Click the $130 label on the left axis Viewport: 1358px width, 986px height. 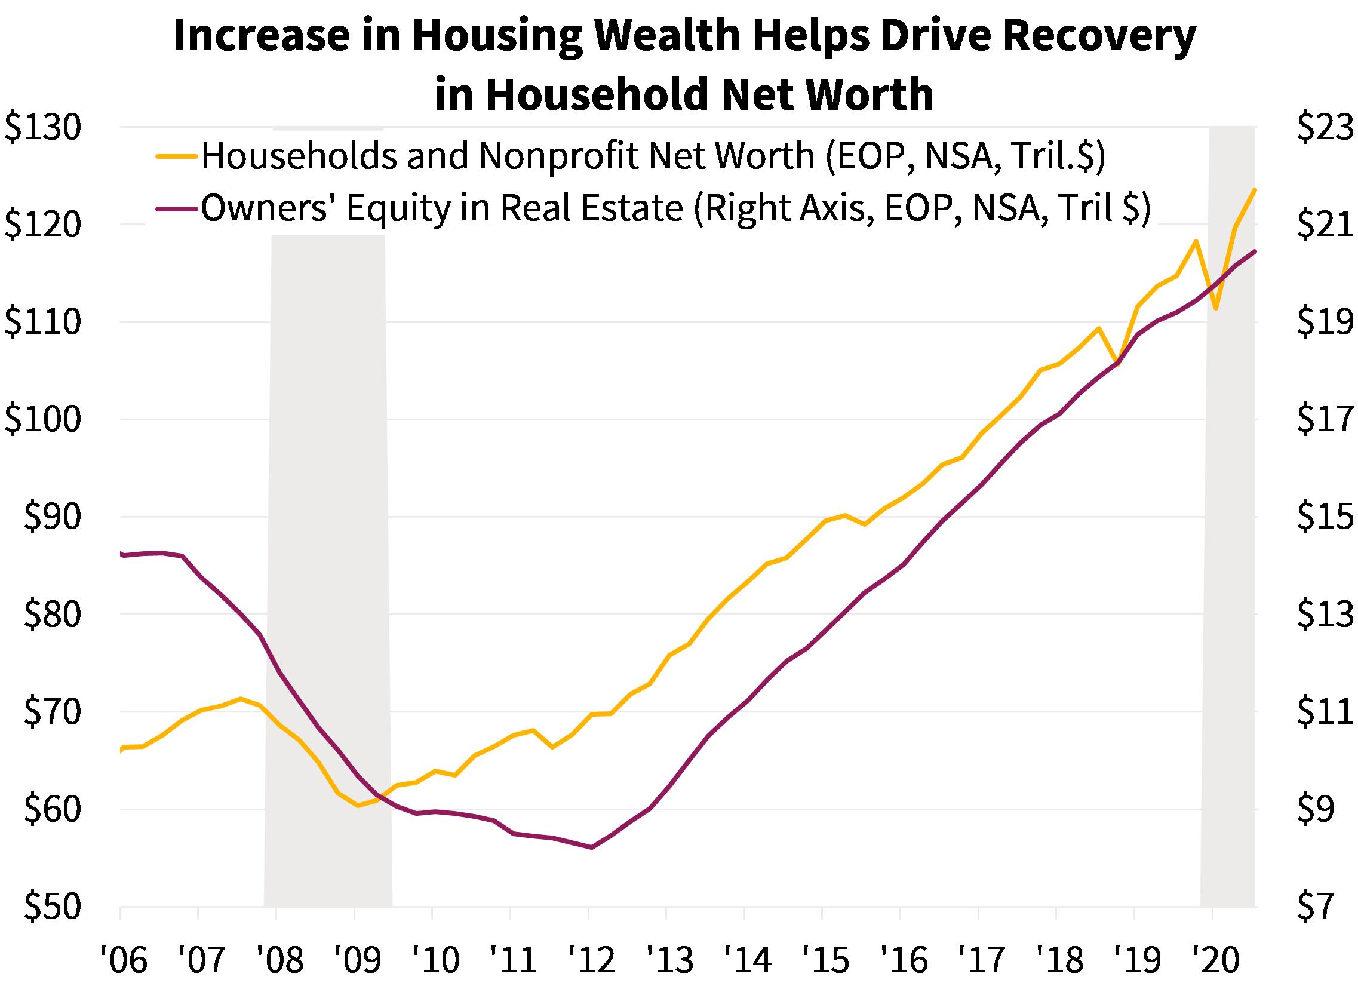pos(43,128)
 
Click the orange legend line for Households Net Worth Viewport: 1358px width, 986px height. pos(177,156)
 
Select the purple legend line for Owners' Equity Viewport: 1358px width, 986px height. pos(177,209)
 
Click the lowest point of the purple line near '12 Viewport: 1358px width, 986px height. pos(592,847)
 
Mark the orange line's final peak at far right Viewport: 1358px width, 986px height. pos(1255,190)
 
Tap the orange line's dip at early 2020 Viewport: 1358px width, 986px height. pos(1216,309)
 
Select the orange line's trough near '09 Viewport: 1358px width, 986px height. pos(358,806)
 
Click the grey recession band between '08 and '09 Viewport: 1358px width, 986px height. pos(328,539)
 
